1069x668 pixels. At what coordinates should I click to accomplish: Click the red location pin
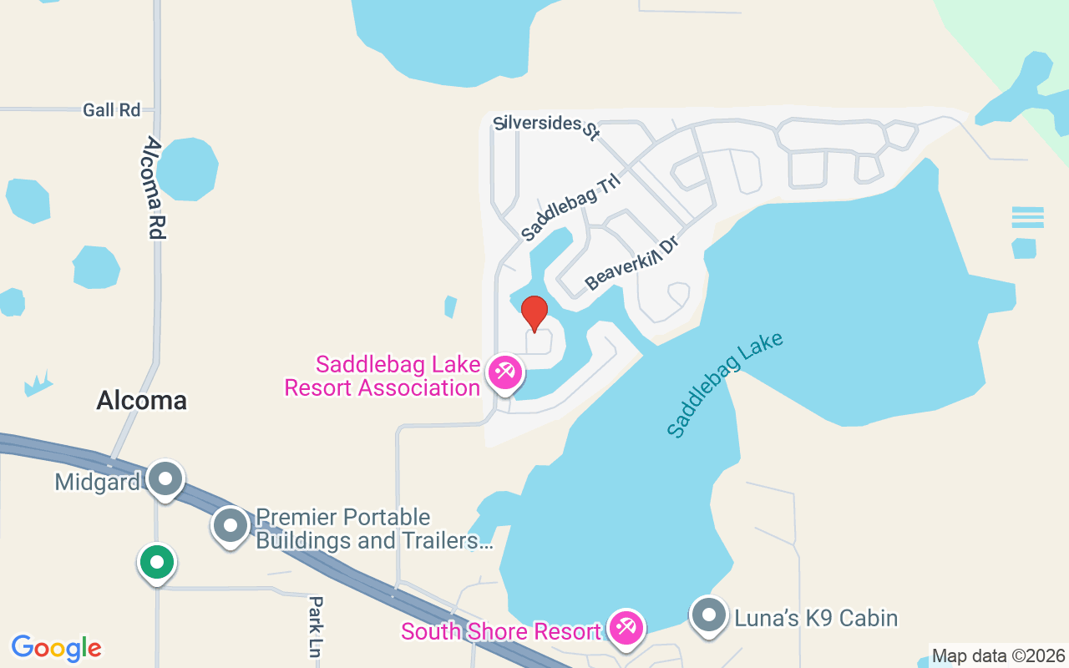534,313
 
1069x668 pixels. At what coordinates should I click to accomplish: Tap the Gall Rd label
110,109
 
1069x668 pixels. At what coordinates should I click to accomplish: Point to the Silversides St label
546,126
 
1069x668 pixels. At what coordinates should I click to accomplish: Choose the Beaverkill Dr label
631,263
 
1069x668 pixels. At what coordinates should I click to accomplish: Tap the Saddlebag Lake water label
725,384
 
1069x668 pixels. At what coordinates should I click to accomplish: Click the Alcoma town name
141,401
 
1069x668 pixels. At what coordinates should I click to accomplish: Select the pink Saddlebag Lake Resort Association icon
504,372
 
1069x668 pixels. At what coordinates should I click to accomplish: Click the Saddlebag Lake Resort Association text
383,377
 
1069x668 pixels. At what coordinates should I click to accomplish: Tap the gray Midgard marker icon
165,479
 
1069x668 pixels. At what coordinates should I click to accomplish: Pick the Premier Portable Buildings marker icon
230,526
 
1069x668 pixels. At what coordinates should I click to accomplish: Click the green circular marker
156,563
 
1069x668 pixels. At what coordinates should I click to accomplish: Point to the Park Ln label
316,626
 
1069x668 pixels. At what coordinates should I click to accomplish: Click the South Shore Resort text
501,631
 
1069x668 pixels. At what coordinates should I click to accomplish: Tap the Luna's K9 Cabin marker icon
710,615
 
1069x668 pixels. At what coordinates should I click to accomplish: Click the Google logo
56,648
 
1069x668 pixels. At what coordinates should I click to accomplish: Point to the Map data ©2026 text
998,656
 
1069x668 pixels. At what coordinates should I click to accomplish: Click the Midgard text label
97,483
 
